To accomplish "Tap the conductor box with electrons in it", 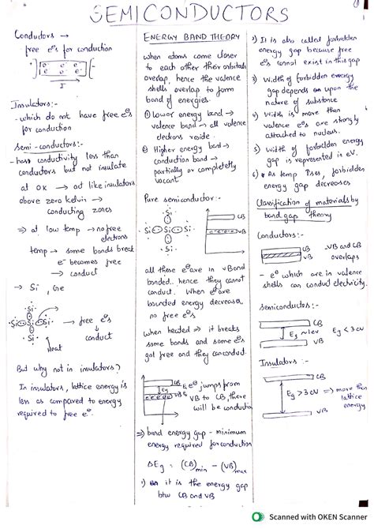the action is [x=54, y=67].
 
